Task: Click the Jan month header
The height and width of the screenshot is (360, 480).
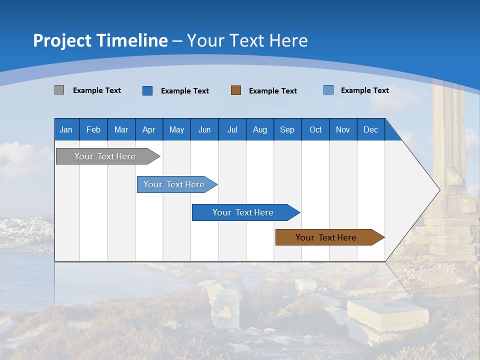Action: (66, 129)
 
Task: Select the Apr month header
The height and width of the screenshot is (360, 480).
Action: (149, 129)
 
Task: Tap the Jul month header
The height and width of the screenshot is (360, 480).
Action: (232, 129)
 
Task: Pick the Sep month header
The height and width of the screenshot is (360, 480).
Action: (287, 129)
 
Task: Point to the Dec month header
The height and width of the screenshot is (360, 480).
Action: (370, 129)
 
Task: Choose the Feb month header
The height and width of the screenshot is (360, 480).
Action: (93, 129)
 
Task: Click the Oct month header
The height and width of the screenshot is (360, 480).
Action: (315, 129)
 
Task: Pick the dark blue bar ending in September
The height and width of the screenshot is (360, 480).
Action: (243, 212)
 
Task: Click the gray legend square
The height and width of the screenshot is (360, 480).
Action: (59, 90)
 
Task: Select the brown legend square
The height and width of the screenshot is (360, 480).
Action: (236, 90)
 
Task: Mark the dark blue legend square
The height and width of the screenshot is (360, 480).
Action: (147, 90)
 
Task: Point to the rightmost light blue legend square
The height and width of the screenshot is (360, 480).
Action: (328, 90)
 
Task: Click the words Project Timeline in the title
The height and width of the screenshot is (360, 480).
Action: (100, 40)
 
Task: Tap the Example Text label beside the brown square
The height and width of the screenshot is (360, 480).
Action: (273, 91)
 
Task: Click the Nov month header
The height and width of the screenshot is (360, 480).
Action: (343, 129)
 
